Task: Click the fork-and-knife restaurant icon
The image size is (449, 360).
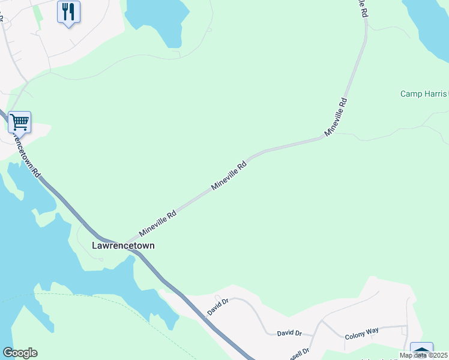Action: pos(68,11)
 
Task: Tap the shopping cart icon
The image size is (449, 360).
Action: pos(19,122)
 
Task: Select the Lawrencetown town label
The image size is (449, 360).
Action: pos(123,245)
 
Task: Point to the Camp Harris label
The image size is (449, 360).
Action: pos(424,94)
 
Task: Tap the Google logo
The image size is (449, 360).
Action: pos(20,353)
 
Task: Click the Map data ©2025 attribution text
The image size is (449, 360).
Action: pos(423,355)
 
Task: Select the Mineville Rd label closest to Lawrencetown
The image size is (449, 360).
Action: pos(157,223)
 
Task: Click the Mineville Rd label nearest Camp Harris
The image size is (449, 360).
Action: pos(336,116)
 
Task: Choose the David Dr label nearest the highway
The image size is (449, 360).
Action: pos(218,308)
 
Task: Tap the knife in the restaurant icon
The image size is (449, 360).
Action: pos(71,10)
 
